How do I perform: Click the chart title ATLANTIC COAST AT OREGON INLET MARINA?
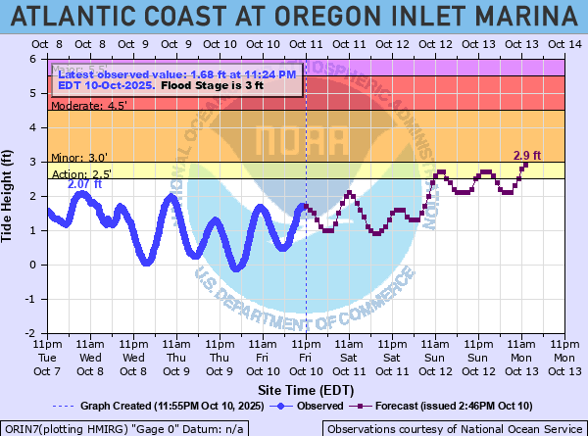pyautogui.click(x=294, y=16)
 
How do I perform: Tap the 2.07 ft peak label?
pyautogui.click(x=84, y=184)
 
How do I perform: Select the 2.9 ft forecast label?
pyautogui.click(x=527, y=156)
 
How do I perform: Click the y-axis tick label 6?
pyautogui.click(x=33, y=59)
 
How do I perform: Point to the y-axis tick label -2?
pyautogui.click(x=31, y=333)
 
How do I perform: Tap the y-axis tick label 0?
pyautogui.click(x=33, y=265)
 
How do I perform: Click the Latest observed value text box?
pyautogui.click(x=176, y=80)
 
